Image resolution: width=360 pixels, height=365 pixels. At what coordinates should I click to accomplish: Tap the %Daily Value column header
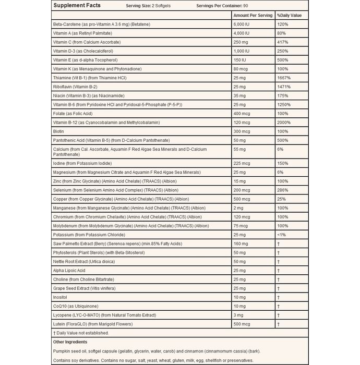290,16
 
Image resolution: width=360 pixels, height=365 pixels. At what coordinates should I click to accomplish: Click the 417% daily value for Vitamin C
283,42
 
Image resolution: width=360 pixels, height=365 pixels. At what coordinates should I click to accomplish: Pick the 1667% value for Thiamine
285,78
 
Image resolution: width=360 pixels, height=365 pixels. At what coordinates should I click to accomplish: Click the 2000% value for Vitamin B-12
285,123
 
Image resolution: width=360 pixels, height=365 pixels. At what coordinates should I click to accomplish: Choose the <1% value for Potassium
282,235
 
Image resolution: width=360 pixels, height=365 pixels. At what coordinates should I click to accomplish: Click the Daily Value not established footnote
82,333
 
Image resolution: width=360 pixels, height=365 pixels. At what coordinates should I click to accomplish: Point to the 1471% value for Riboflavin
285,87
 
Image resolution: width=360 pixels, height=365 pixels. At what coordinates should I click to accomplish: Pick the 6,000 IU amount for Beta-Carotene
244,24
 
